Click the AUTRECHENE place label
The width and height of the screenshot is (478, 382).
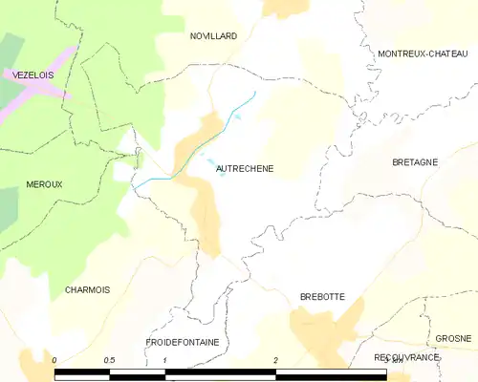[x=245, y=169]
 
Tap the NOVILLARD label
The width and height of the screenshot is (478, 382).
[x=212, y=35]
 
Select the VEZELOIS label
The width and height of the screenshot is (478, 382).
[x=33, y=74]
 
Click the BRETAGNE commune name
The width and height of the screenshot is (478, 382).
[x=415, y=162]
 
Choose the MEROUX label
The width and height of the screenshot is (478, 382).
[x=44, y=184]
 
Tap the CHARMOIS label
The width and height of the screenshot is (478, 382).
[x=87, y=289]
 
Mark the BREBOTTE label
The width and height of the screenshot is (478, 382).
[x=322, y=297]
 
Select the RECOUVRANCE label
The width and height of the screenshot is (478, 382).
[x=406, y=356]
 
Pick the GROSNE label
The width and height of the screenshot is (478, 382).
[x=452, y=339]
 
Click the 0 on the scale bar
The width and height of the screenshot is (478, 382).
[x=55, y=360]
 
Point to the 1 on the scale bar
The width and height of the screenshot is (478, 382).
[x=165, y=360]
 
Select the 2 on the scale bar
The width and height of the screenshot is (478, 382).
[x=275, y=360]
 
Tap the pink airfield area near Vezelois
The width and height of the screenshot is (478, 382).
[x=38, y=92]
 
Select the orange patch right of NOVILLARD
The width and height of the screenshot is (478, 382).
[x=284, y=8]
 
